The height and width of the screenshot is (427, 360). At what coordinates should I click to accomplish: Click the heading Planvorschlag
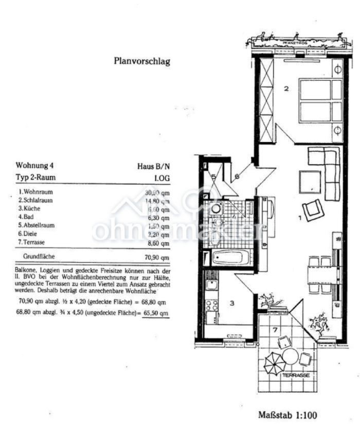point(141,61)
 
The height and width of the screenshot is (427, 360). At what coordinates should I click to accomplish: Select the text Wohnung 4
point(34,166)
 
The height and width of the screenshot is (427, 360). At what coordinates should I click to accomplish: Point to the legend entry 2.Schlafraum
point(35,200)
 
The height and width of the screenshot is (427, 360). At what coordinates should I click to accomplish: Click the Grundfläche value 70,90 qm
point(157,257)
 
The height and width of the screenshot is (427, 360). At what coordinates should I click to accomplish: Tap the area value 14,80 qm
point(157,201)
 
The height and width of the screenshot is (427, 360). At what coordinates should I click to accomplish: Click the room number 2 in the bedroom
point(286,88)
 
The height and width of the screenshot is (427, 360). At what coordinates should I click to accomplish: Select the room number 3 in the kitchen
point(232,304)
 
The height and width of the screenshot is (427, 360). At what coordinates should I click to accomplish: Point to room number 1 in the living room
point(300,218)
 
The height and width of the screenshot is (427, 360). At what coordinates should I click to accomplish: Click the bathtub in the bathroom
point(230,257)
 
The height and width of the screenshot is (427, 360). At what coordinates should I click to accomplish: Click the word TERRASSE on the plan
point(296,376)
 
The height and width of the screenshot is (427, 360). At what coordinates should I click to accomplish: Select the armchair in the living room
point(313,210)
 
